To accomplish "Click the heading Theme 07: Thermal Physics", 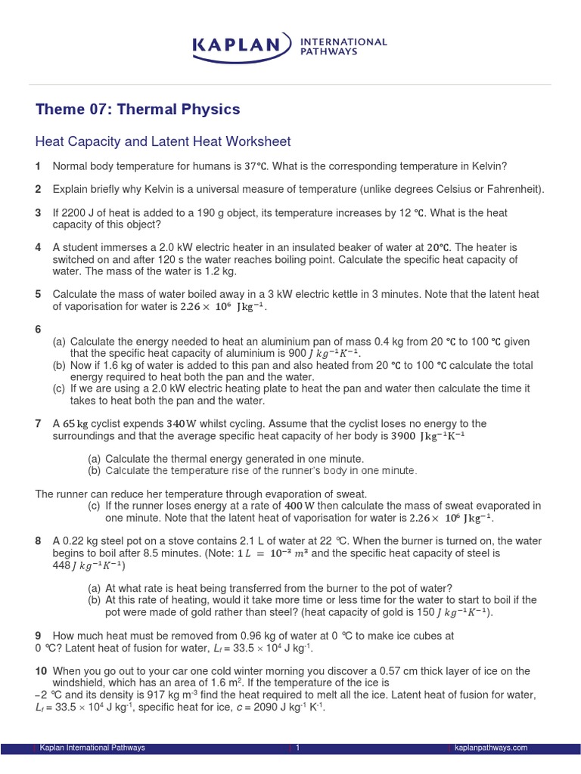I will (138, 110).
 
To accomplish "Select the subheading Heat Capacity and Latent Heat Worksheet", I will (163, 142).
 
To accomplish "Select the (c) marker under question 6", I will (59, 389).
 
